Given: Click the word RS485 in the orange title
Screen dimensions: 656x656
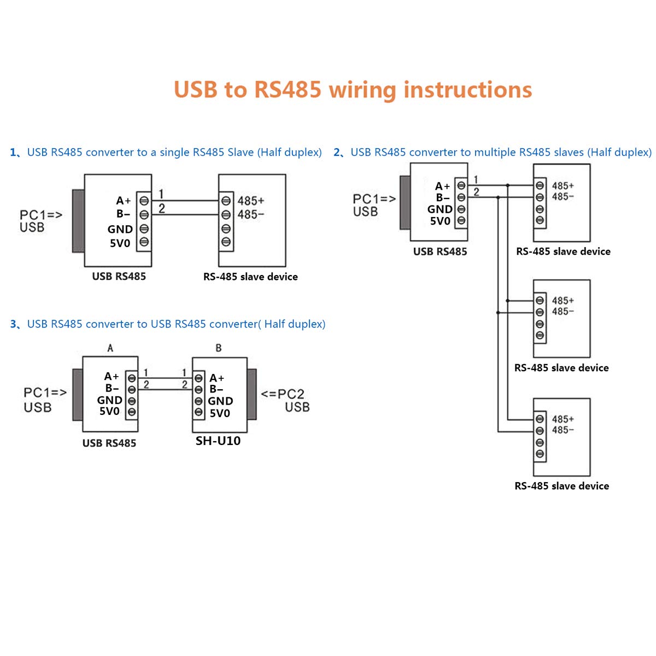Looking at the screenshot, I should tap(288, 90).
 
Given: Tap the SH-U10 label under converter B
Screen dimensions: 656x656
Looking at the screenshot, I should tap(218, 441).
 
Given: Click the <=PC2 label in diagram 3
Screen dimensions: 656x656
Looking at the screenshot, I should tap(282, 394).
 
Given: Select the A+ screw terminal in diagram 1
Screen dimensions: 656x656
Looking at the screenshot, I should tap(144, 201).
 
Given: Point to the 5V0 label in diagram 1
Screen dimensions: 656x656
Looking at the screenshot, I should tap(120, 243).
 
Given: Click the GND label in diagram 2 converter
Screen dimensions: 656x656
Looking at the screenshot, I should tap(440, 209).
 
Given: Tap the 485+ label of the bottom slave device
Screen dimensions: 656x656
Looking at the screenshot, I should tap(563, 419).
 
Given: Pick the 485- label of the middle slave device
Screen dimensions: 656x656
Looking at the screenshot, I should tap(563, 312).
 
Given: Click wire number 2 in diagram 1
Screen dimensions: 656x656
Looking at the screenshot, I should tap(162, 208).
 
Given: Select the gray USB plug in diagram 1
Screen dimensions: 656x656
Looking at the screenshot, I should tap(78, 221).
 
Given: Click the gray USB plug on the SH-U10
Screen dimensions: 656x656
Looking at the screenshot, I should tap(251, 394).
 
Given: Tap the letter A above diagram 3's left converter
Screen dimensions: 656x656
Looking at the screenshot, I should tap(110, 348).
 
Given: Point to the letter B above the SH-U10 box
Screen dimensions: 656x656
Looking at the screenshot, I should tap(219, 348).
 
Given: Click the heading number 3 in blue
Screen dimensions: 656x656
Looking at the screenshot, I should tap(14, 324).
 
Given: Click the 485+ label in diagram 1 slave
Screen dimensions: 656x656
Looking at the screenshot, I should tap(250, 201).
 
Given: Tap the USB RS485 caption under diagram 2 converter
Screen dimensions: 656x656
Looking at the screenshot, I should tap(440, 251).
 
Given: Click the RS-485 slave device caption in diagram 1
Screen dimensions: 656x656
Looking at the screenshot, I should tap(250, 277).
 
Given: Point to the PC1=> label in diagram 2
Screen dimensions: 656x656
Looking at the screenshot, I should tap(374, 199).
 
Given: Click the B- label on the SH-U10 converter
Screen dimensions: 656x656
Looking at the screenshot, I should tap(216, 389).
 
